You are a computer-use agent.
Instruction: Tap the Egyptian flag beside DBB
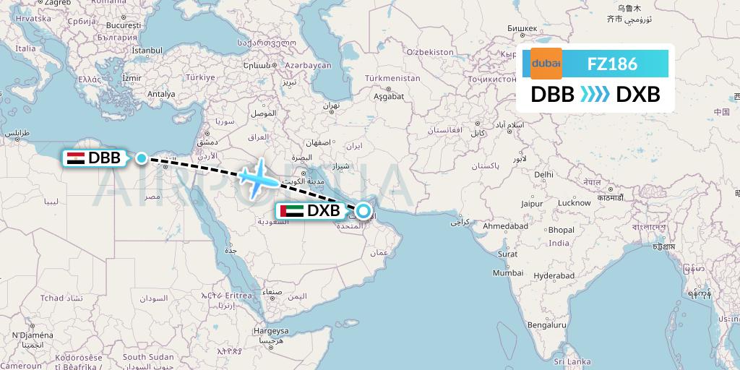(x=75, y=158)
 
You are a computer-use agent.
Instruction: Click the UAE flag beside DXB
(x=293, y=212)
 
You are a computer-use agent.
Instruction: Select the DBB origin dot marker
(x=142, y=158)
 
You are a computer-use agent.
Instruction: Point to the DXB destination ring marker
(x=363, y=212)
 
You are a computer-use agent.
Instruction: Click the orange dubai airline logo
(x=546, y=64)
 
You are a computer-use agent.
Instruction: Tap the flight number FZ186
(x=612, y=64)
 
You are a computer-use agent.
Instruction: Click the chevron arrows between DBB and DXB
(x=595, y=95)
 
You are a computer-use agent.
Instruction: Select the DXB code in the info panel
(x=637, y=95)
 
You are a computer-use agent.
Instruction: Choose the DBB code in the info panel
(x=553, y=95)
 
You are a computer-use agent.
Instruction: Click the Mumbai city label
(x=507, y=273)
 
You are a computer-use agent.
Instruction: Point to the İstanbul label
(x=147, y=51)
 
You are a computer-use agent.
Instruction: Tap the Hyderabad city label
(x=554, y=275)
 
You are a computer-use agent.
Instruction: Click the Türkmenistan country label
(x=392, y=77)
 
